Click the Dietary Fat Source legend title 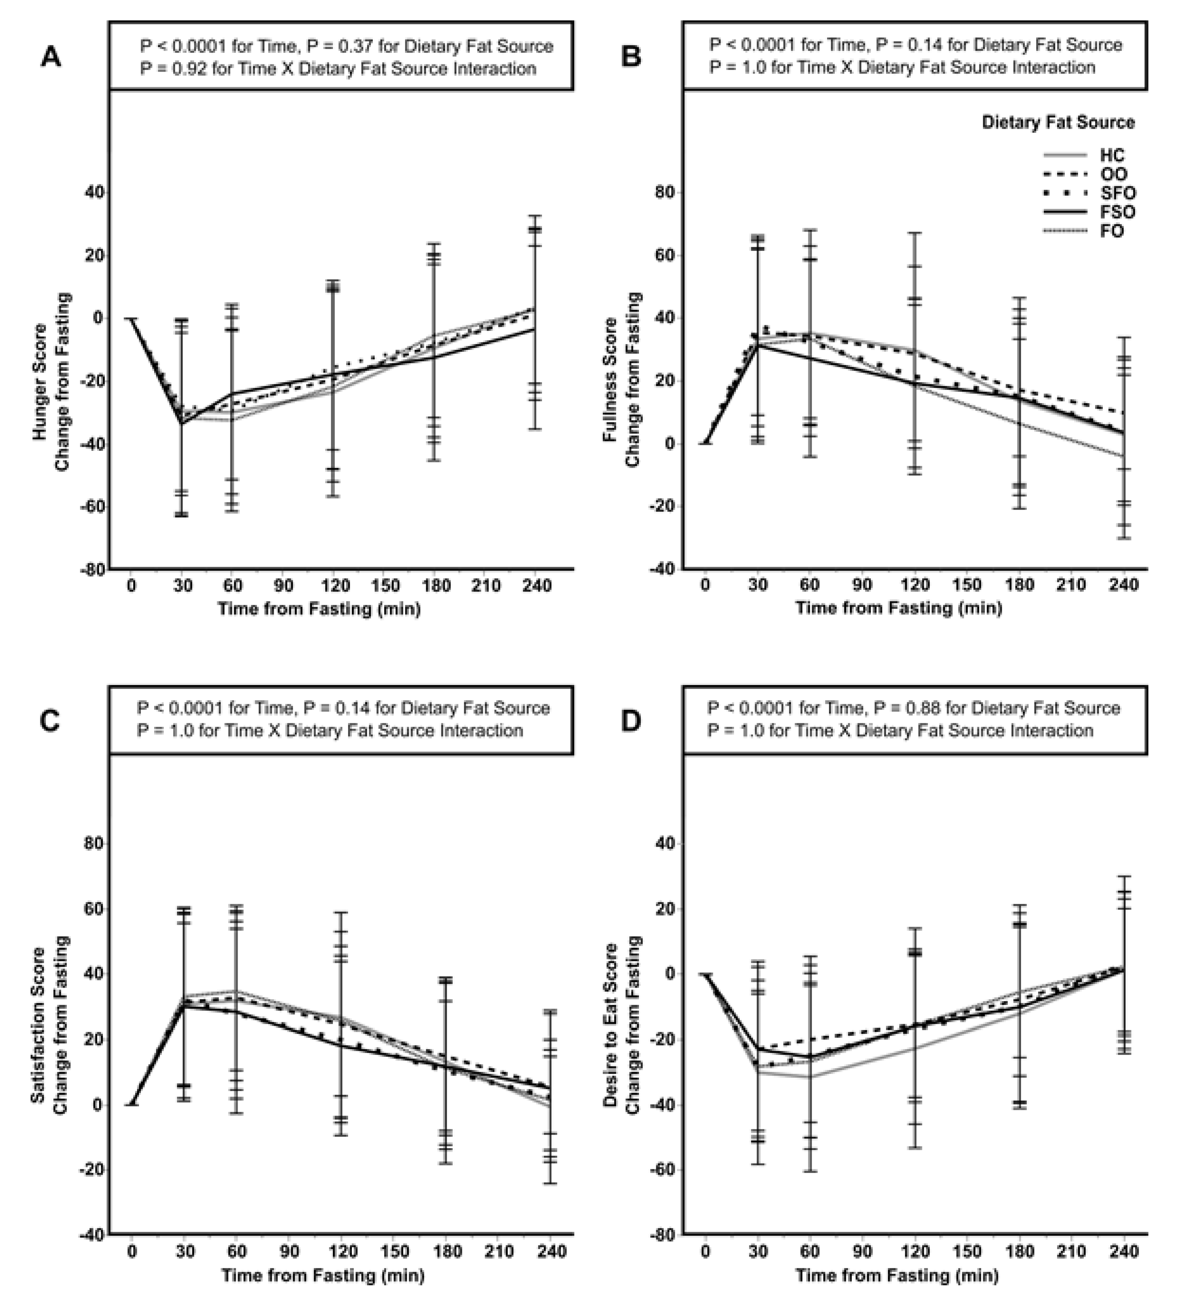pyautogui.click(x=1058, y=123)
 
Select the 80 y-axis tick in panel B pyautogui.click(x=665, y=193)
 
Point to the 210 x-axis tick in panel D pyautogui.click(x=1072, y=1251)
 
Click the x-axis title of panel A pyautogui.click(x=319, y=609)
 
